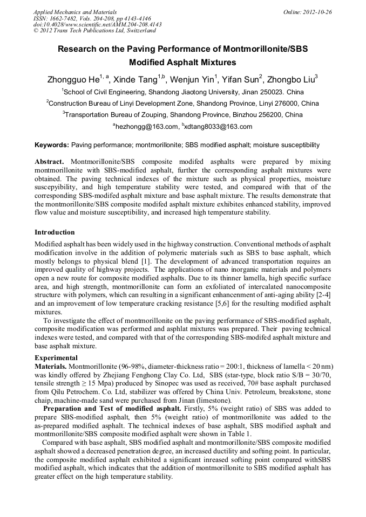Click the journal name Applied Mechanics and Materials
pos(75,12)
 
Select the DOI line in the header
pos(97,25)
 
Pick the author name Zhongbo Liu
pos(292,80)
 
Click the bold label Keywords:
pos(52,145)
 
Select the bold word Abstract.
pos(50,162)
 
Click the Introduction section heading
pos(55,232)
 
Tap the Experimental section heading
pos(56,358)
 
